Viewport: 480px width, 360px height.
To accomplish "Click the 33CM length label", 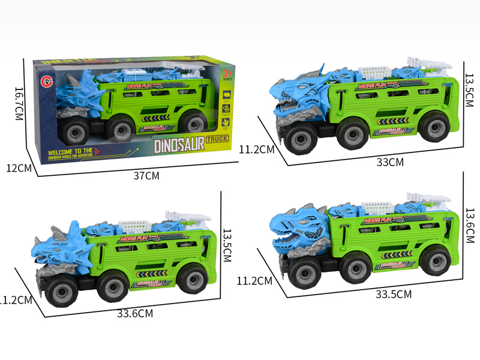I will coord(389,161).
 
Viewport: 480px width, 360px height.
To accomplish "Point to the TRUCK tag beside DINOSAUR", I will coord(217,140).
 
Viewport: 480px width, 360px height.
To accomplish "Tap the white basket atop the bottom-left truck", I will coord(136,226).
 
